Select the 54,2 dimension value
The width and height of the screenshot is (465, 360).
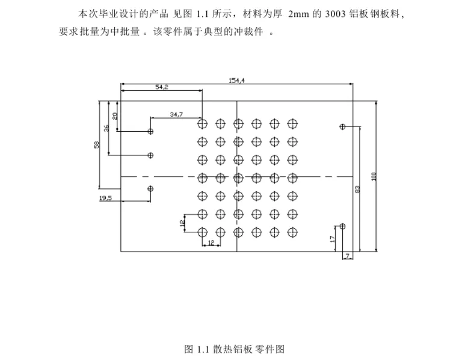pos(162,87)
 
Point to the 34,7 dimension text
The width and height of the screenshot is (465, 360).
pos(176,114)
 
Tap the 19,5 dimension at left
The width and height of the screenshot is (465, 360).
pos(105,198)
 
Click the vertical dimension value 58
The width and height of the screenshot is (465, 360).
pos(96,145)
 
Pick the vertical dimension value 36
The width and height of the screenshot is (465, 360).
pos(106,128)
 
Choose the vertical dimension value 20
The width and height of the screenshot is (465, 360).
pos(115,115)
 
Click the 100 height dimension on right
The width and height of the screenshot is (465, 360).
pos(374,176)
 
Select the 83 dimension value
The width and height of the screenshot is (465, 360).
pos(357,189)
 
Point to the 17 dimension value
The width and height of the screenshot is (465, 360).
pos(333,238)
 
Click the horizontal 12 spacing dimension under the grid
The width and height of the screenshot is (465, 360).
pos(211,243)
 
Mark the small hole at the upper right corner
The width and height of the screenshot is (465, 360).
pos(342,127)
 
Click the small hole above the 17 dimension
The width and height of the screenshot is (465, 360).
pos(342,226)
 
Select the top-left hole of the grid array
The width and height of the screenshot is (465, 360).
pos(202,124)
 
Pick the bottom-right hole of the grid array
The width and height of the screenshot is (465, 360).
pos(292,232)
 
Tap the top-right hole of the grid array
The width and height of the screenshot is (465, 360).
pos(292,124)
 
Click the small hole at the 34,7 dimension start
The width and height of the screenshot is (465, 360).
pos(150,131)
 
